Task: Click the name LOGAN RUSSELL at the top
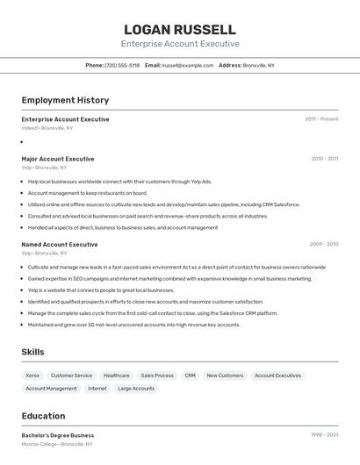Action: coord(179,29)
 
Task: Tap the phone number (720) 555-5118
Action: coord(122,65)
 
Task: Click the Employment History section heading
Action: coord(65,100)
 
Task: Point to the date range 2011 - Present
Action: coord(321,119)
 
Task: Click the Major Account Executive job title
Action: coord(58,159)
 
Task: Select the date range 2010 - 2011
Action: coord(324,159)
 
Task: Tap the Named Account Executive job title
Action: coord(60,244)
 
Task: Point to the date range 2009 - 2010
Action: coord(324,244)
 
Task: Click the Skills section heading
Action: coord(33,352)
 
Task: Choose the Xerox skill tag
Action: coord(32,376)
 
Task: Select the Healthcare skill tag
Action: coord(116,376)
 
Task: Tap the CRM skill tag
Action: coord(190,376)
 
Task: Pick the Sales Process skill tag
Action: coord(157,376)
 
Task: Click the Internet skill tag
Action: coord(97,388)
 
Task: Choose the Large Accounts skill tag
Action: coord(136,388)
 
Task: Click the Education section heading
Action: coord(43,416)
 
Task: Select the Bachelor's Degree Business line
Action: coord(58,435)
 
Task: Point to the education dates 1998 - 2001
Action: coord(324,435)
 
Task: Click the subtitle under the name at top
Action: coord(179,44)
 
